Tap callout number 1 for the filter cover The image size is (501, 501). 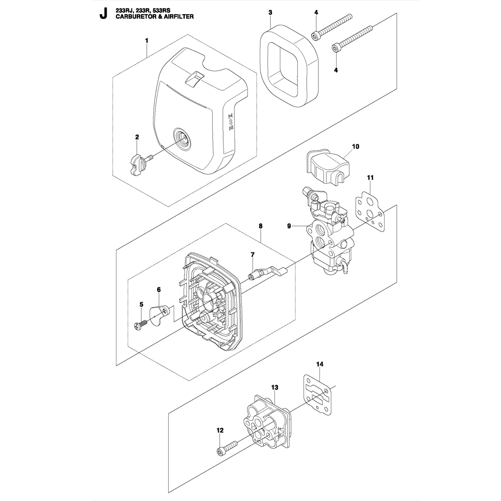147,41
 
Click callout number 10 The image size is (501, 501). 355,146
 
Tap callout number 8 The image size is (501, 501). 261,226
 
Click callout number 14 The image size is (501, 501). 320,364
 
